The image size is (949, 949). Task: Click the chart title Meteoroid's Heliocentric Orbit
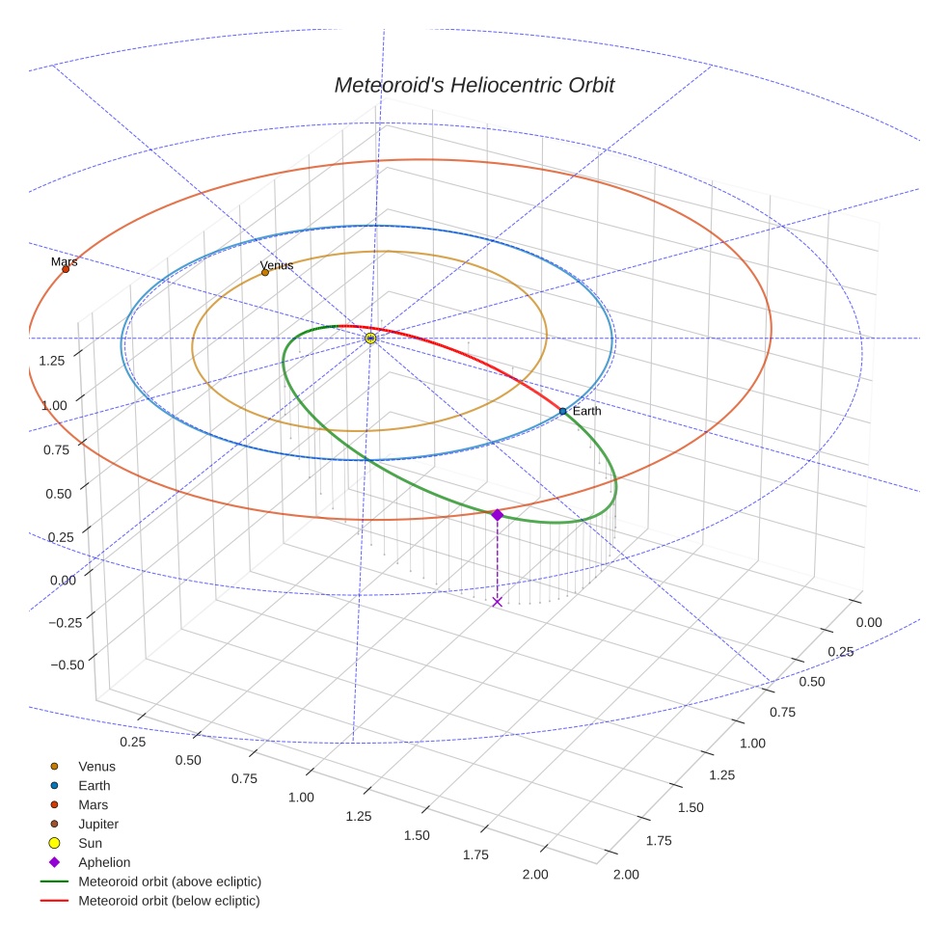pos(474,85)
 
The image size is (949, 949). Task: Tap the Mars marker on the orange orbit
pos(66,269)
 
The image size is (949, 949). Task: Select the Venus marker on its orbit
pos(265,272)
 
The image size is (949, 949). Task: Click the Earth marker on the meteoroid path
pos(563,412)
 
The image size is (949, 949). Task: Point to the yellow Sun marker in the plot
pos(370,338)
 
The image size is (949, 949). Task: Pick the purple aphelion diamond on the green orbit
pos(497,515)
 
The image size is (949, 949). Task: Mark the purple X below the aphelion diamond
pos(497,602)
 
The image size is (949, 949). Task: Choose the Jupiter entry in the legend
pos(97,824)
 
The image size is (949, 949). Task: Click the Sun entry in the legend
pos(92,843)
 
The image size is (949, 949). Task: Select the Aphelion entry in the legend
pos(103,862)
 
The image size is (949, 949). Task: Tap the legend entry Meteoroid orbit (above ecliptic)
pos(170,881)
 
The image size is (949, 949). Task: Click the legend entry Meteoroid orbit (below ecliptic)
pos(169,901)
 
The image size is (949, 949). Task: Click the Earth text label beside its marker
pos(586,411)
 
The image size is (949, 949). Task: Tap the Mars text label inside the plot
pos(64,261)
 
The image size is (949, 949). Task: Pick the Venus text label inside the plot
pos(277,265)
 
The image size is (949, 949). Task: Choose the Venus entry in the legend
pos(96,766)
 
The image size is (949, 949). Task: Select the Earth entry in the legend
pos(94,785)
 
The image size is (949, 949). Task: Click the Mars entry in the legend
pos(93,804)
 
